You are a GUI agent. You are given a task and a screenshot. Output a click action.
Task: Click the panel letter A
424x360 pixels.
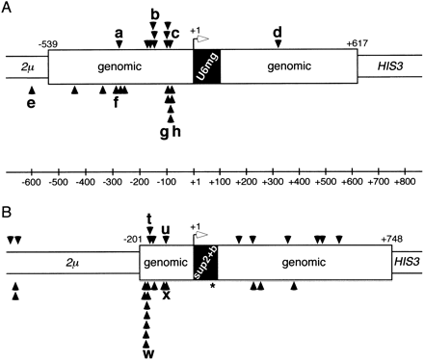(x=11, y=9)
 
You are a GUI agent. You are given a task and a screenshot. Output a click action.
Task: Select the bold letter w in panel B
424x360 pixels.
(x=147, y=353)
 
